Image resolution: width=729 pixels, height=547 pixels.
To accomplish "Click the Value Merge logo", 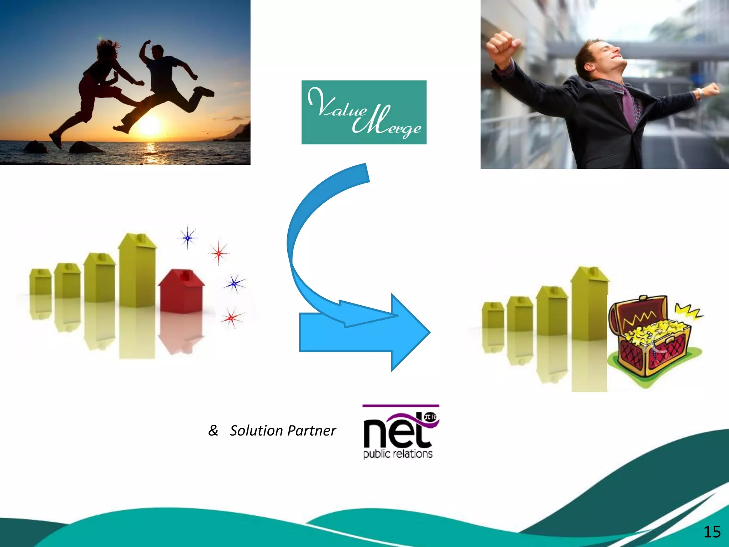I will coord(364,112).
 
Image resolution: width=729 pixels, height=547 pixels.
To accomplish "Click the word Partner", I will coord(311,431).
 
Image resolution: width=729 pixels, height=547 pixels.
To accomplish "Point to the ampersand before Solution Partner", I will coord(213,430).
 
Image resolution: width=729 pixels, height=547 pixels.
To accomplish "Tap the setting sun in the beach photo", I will coord(150,126).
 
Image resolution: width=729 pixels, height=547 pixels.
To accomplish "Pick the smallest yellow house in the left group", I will coord(40,281).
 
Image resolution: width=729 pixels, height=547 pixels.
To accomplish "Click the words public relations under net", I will coord(398,454).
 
